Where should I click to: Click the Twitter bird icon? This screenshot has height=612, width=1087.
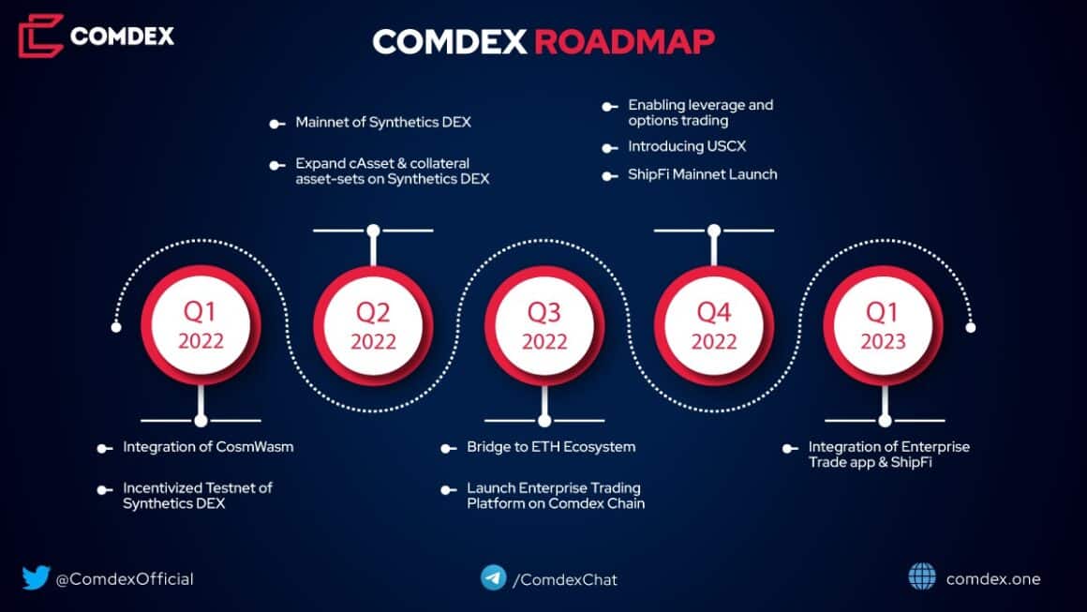(x=36, y=577)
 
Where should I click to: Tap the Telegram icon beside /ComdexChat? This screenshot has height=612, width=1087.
(x=493, y=577)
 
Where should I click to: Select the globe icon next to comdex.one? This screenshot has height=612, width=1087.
(x=922, y=577)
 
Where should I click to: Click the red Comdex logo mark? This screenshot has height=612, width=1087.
(x=40, y=36)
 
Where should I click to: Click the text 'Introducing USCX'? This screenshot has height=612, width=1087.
(x=679, y=147)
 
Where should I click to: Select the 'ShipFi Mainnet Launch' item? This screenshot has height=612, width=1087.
(x=702, y=174)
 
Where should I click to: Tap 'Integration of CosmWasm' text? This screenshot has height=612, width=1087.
(x=208, y=447)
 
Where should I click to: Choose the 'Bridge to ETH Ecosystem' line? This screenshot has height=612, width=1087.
(x=551, y=447)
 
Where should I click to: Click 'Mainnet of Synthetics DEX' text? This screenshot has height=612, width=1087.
(x=384, y=123)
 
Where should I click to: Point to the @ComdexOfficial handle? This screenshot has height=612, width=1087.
(x=125, y=578)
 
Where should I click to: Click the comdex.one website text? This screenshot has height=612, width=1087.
(x=993, y=578)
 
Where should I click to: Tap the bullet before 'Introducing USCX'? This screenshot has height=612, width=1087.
(x=609, y=148)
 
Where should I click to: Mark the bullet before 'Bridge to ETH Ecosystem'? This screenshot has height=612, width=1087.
(x=448, y=448)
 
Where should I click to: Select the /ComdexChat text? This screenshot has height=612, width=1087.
(x=564, y=579)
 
